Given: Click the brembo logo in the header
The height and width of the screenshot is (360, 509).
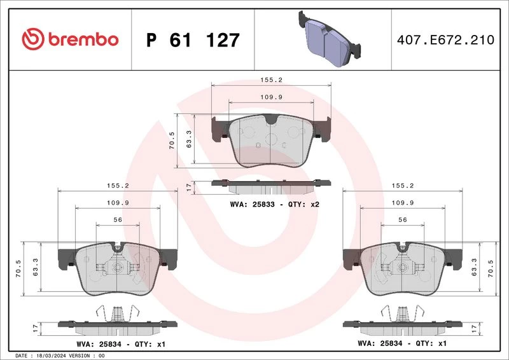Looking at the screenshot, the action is point(70,39).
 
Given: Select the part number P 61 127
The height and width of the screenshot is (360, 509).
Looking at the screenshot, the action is point(193,40).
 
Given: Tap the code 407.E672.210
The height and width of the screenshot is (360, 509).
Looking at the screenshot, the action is point(445,40).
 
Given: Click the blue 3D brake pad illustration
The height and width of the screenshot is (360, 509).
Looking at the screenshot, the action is point(329,39).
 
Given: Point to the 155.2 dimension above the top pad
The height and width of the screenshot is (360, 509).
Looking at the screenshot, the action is point(272,80).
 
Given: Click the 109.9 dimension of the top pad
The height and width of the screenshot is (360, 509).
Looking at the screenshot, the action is point(272,97).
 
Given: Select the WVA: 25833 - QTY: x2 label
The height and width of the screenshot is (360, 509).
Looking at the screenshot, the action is point(275,205).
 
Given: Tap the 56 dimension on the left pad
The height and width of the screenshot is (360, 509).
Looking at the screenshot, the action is point(118,220).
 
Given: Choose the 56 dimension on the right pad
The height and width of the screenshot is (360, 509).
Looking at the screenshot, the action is point(403,220).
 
